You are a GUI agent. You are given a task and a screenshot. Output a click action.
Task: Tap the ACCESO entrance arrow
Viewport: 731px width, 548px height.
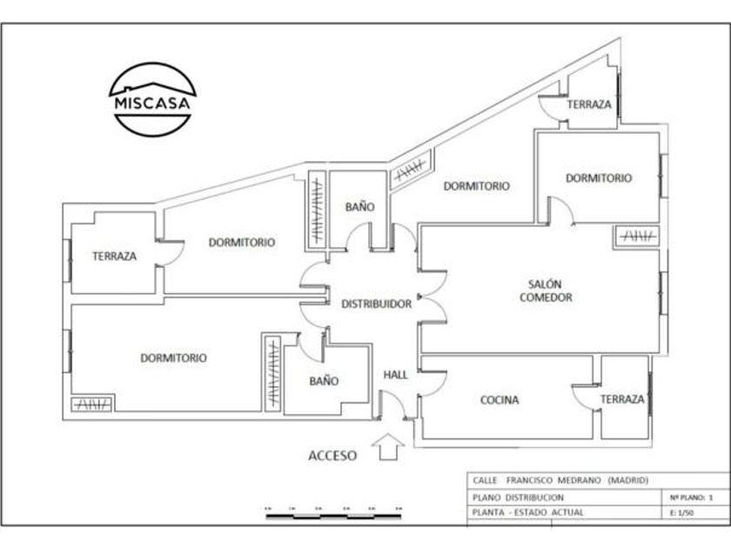[x=388, y=446]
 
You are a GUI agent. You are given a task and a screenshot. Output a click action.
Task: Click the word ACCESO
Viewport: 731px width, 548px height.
[x=332, y=455]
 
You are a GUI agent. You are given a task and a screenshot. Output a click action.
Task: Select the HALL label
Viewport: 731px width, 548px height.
[x=396, y=375]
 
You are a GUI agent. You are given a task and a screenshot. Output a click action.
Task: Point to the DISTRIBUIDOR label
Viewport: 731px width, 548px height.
[x=376, y=304]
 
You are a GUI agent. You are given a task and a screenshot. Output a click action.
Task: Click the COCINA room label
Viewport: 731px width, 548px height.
[x=500, y=400]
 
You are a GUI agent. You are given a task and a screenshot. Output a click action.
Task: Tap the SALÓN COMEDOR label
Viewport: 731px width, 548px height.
[x=546, y=291]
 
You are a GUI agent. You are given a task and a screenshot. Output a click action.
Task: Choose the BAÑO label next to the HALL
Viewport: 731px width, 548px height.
[x=324, y=381]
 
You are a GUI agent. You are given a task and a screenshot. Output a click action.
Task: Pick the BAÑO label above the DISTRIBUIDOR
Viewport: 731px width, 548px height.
[x=359, y=207]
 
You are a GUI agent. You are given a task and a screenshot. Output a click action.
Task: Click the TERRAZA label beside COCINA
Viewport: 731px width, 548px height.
[x=622, y=399]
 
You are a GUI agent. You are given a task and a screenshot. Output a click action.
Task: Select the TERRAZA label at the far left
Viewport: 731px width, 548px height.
[x=114, y=257]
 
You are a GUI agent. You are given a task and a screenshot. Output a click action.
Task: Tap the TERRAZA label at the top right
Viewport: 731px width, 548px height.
[x=589, y=104]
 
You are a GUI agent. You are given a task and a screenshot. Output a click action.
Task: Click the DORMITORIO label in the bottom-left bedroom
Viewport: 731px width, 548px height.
[x=173, y=358]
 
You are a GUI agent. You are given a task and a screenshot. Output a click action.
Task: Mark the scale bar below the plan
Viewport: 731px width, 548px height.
[x=333, y=515]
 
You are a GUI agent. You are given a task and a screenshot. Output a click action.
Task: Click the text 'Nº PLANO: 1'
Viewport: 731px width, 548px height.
[x=693, y=497]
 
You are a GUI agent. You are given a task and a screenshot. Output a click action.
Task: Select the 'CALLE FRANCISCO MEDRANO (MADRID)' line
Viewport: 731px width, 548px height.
[x=560, y=480]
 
